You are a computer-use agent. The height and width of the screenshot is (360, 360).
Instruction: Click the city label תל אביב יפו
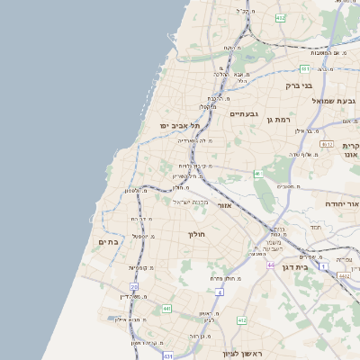[x=177, y=126]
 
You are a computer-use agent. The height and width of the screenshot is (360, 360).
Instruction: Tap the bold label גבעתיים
[x=245, y=114]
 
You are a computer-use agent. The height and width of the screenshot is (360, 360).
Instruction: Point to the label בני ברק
[x=298, y=86]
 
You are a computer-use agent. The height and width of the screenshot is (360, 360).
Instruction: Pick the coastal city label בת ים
[x=108, y=241]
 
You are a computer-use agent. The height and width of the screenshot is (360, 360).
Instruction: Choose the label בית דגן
[x=314, y=266]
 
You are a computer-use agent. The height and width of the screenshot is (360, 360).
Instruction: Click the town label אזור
[x=226, y=206]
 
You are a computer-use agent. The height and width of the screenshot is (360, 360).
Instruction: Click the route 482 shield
[x=281, y=17]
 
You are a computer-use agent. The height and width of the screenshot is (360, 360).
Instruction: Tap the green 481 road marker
[x=306, y=68]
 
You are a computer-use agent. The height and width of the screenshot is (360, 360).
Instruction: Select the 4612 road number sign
[x=327, y=144]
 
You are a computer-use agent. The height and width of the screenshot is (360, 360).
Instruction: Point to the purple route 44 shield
[x=270, y=265]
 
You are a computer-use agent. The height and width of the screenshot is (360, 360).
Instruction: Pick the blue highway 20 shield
[x=134, y=286]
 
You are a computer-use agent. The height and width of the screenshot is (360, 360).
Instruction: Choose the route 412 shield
[x=242, y=320]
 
